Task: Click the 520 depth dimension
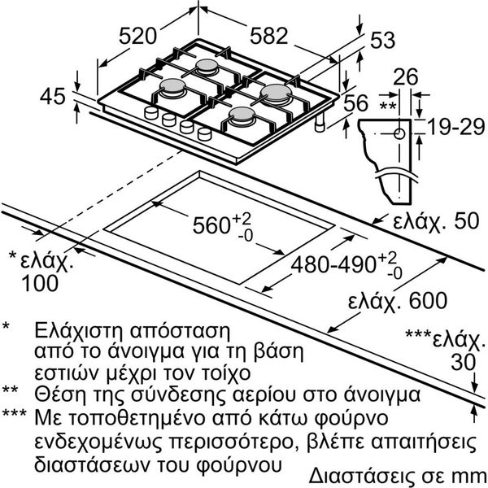pyautogui.click(x=137, y=36)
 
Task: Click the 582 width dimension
pyautogui.click(x=269, y=36)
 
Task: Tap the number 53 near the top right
pyautogui.click(x=382, y=40)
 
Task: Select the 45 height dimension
pyautogui.click(x=53, y=96)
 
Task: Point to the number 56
pyautogui.click(x=355, y=103)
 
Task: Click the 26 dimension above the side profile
pyautogui.click(x=406, y=77)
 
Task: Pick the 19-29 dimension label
pyautogui.click(x=456, y=127)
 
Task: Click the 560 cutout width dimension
pyautogui.click(x=211, y=225)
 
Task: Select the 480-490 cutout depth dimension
pyautogui.click(x=333, y=265)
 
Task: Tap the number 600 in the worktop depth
pyautogui.click(x=428, y=300)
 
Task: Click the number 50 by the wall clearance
pyautogui.click(x=466, y=221)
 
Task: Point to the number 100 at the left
pyautogui.click(x=40, y=283)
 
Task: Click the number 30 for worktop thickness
pyautogui.click(x=464, y=362)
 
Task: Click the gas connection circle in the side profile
pyautogui.click(x=399, y=134)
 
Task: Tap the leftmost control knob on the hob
pyautogui.click(x=151, y=113)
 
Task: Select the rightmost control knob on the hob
pyautogui.click(x=204, y=134)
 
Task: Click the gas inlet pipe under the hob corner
pyautogui.click(x=320, y=124)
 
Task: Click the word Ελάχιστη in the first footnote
pyautogui.click(x=79, y=330)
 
